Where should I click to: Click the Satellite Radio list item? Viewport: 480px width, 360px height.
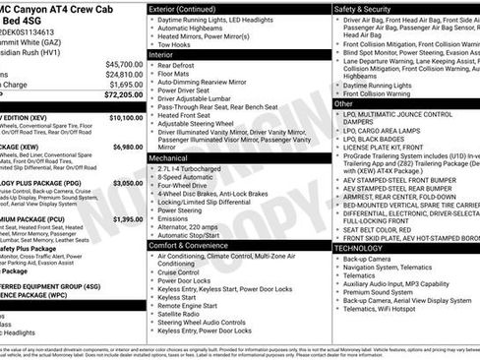pyautogui.click(x=207, y=315)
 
